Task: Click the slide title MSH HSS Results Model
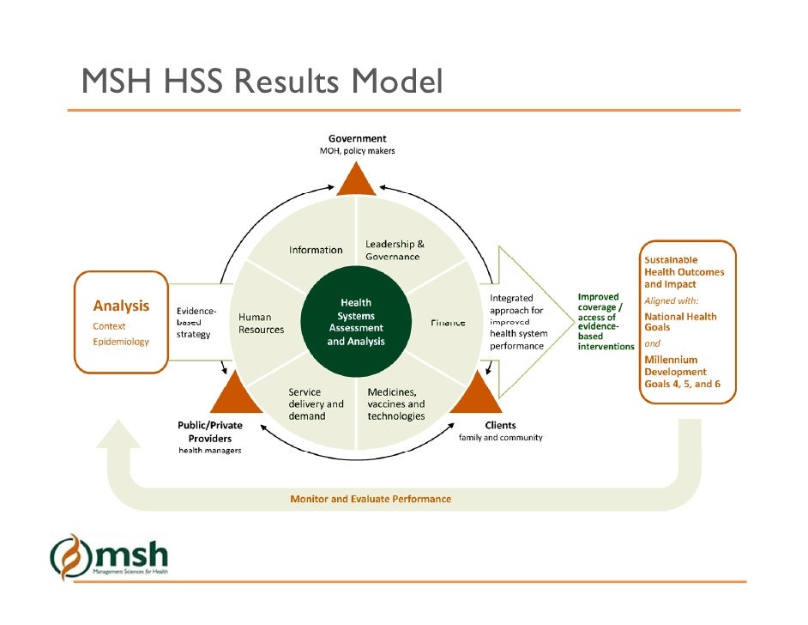pyautogui.click(x=262, y=82)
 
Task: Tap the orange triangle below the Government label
pyautogui.click(x=357, y=180)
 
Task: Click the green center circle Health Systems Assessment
pyautogui.click(x=356, y=322)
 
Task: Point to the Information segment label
pyautogui.click(x=315, y=250)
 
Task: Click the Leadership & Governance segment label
pyautogui.click(x=394, y=250)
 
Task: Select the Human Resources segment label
pyautogui.click(x=261, y=324)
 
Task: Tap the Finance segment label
pyautogui.click(x=448, y=322)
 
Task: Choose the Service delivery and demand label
pyautogui.click(x=316, y=404)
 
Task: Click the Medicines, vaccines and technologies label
pyautogui.click(x=395, y=404)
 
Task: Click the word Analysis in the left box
pyautogui.click(x=121, y=306)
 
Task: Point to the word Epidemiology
pyautogui.click(x=121, y=341)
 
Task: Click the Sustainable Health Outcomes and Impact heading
pyautogui.click(x=684, y=271)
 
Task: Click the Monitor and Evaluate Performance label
pyautogui.click(x=371, y=498)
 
